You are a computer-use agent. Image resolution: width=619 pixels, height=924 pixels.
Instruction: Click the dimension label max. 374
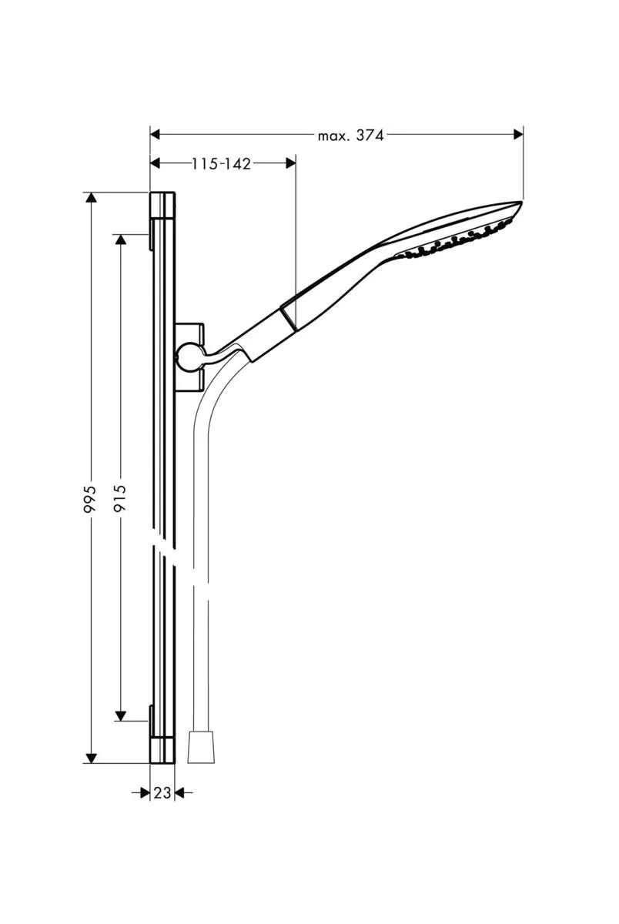[350, 136]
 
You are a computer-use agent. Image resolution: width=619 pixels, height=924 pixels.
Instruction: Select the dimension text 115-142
[222, 163]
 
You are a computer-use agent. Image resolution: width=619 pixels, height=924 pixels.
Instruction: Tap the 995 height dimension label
[91, 500]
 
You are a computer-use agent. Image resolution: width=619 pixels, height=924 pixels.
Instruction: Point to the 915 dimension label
[120, 500]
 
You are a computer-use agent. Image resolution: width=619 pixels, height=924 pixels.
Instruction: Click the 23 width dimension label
[162, 792]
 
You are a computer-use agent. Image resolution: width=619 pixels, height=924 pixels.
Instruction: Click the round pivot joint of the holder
[186, 355]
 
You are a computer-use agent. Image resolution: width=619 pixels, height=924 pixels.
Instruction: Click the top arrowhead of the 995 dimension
[92, 198]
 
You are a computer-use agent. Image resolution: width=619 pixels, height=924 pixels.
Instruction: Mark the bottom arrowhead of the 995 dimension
[92, 758]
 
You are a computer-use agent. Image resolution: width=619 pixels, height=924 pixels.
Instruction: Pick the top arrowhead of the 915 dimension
[120, 239]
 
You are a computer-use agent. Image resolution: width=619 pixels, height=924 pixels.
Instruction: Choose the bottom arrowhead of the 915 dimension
[120, 715]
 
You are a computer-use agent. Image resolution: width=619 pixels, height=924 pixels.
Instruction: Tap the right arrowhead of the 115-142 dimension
[290, 162]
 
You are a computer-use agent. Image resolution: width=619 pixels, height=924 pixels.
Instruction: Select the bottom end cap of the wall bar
[162, 747]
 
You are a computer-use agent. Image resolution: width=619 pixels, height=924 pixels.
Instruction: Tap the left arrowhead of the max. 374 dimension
[155, 135]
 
